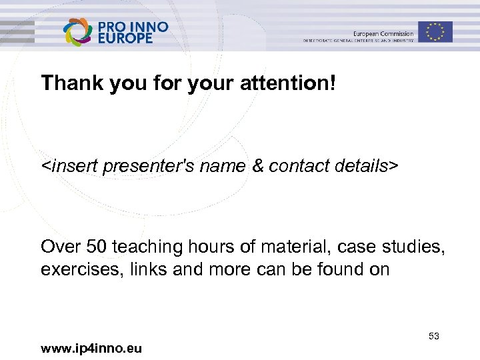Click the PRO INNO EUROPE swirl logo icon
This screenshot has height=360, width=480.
click(x=78, y=31)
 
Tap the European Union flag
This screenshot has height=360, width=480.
click(x=435, y=32)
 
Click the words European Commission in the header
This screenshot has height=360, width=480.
click(x=383, y=33)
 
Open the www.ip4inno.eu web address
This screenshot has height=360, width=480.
click(x=91, y=348)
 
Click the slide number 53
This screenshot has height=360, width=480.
click(x=434, y=337)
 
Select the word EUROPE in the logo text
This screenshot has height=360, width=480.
click(x=125, y=38)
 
